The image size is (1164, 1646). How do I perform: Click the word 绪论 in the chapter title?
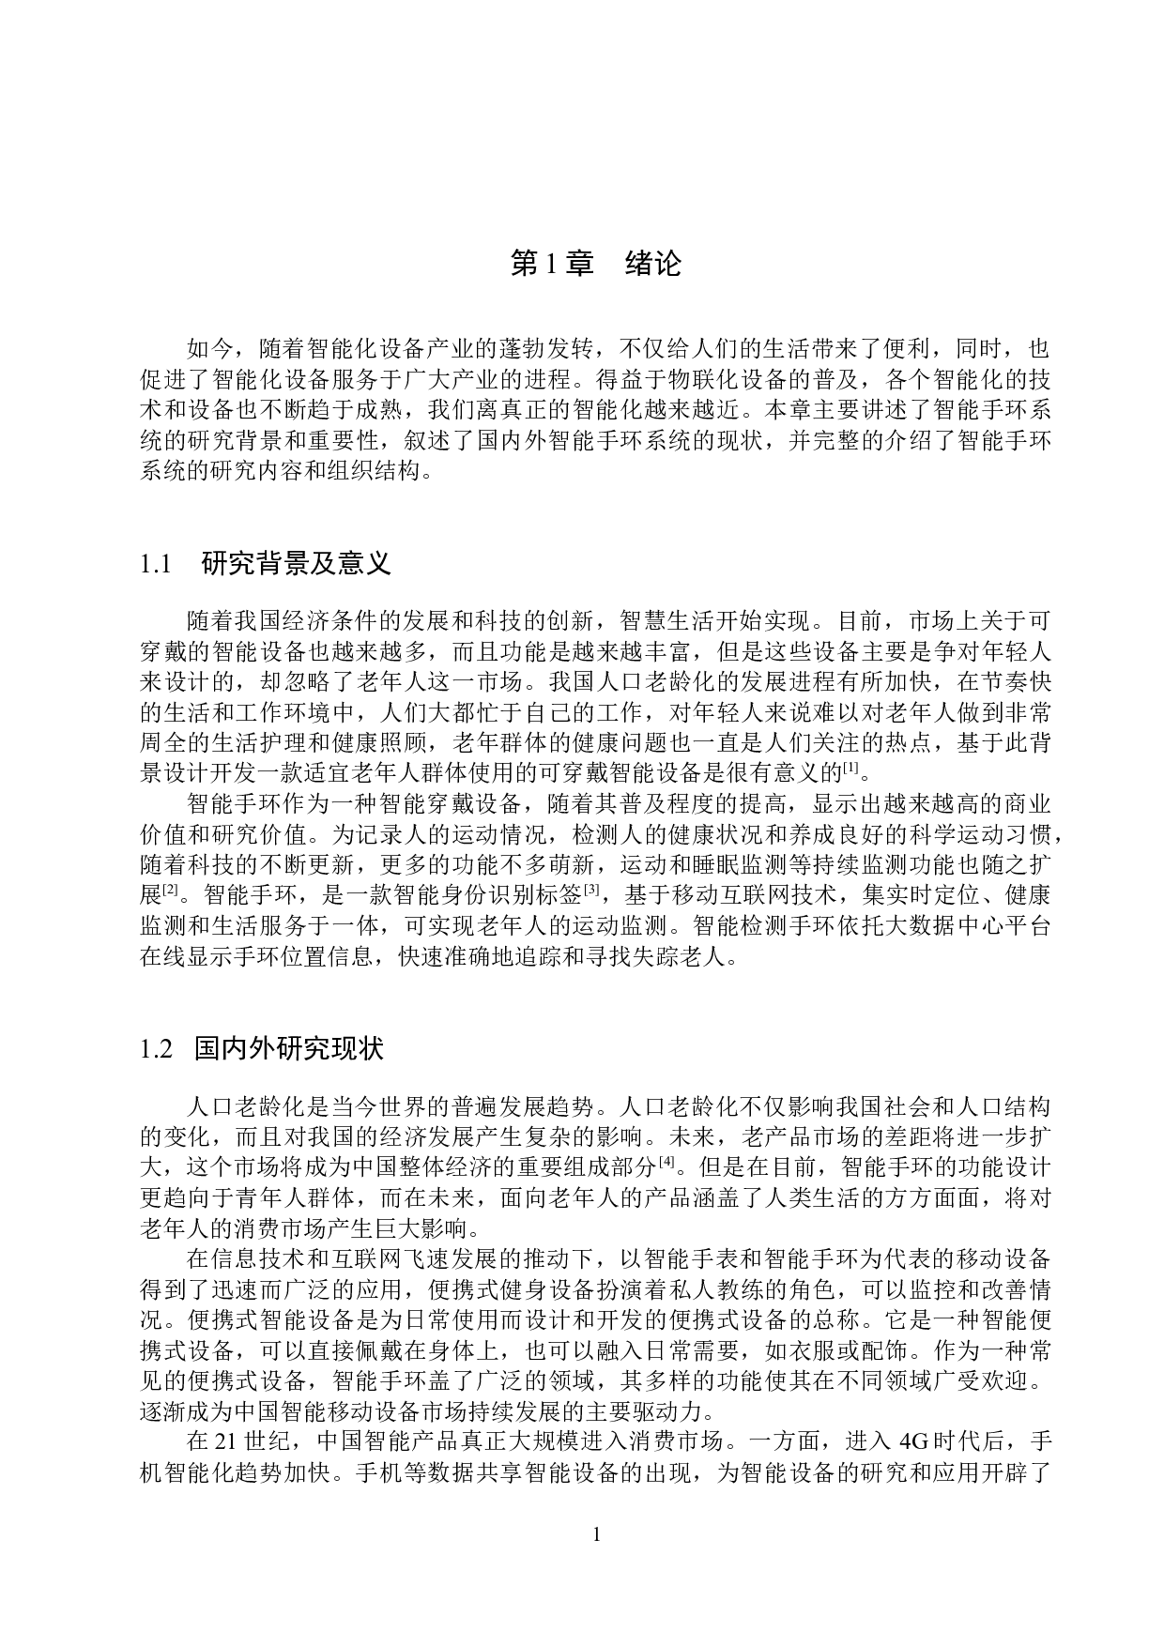coord(652,264)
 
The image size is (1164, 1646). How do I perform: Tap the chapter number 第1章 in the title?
coord(552,264)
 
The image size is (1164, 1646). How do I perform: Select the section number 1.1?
coord(156,564)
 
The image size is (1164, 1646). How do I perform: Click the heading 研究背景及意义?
coord(296,564)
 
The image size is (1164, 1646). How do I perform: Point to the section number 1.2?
coord(156,1048)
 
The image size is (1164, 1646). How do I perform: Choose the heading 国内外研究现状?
coord(289,1048)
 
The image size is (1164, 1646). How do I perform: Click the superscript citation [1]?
coord(850,770)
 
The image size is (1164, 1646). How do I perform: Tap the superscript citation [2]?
coord(171,889)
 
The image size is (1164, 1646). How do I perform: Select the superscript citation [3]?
coord(592,889)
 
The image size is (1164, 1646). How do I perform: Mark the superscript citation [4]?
coord(666,1163)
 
